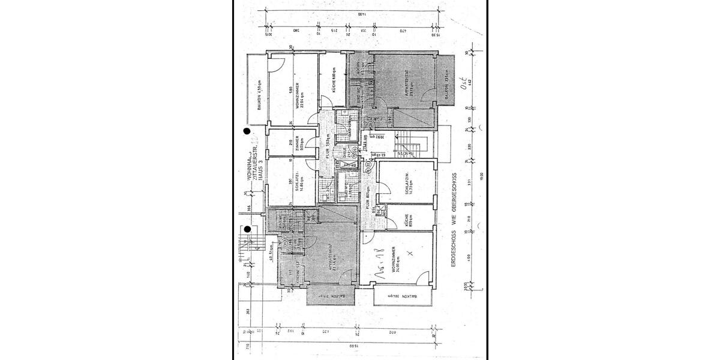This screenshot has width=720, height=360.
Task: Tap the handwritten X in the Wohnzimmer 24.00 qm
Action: (x=409, y=254)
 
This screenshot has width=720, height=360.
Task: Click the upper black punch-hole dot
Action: (x=247, y=131)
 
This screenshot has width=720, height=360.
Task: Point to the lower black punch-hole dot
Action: (x=247, y=229)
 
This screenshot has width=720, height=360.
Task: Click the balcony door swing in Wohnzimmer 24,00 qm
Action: (x=424, y=277)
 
